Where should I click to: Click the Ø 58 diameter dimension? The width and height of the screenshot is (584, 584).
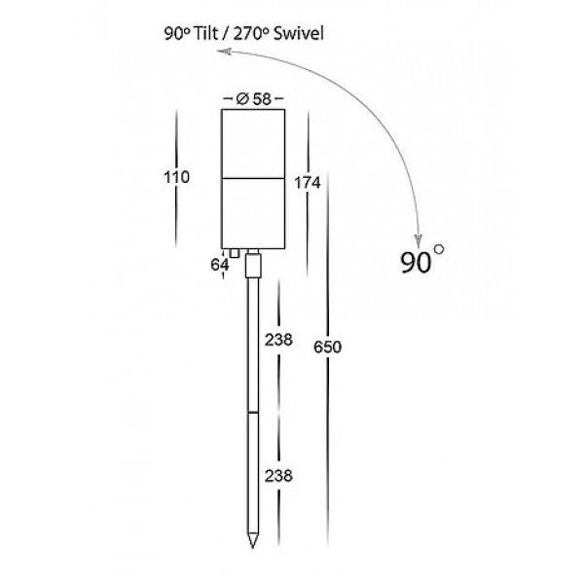pyautogui.click(x=254, y=98)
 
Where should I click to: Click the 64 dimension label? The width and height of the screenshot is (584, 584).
pyautogui.click(x=219, y=264)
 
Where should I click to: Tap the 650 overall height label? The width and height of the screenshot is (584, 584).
pyautogui.click(x=327, y=347)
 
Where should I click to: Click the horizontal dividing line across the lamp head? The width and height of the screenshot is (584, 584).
pyautogui.click(x=253, y=177)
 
